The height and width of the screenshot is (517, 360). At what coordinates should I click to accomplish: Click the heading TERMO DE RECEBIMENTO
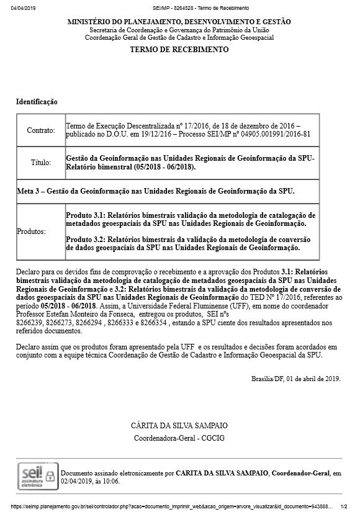[x=179, y=50]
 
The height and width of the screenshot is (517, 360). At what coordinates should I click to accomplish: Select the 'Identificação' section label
[x=37, y=101]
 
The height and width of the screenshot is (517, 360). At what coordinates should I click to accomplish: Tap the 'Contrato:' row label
[x=41, y=130]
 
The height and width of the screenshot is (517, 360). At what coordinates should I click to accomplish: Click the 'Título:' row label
[x=41, y=163]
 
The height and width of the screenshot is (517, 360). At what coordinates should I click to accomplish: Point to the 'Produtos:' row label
[x=32, y=231]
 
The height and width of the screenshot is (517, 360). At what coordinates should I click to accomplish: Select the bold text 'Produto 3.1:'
[x=86, y=215]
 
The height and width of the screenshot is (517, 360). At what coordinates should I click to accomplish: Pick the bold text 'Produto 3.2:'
[x=86, y=239]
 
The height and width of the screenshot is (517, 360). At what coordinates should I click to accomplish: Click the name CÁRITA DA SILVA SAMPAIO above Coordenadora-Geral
[x=179, y=426]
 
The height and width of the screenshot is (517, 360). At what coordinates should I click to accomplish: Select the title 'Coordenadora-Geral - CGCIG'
[x=179, y=438]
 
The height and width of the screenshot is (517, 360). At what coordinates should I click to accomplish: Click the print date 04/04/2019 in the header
[x=24, y=7]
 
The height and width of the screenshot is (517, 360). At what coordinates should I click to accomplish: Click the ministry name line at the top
[x=179, y=22]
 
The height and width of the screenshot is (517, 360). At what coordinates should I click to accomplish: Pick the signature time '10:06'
[x=111, y=481]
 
